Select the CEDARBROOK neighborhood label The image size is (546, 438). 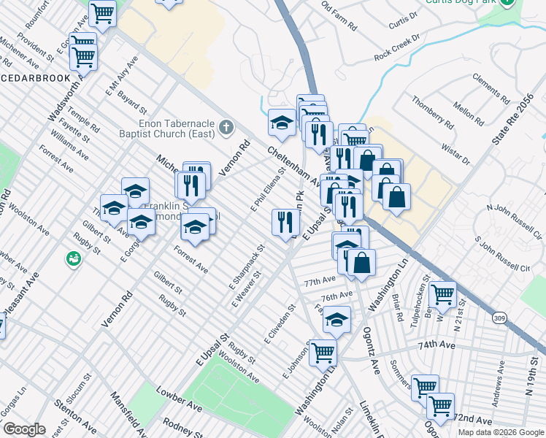point(35,78)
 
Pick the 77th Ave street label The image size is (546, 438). point(320,282)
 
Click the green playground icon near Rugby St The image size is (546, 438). point(74,258)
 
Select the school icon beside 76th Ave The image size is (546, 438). point(336,320)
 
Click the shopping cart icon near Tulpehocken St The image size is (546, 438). point(442,295)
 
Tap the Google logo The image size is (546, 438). point(23,429)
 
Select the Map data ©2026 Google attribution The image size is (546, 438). point(500,432)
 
